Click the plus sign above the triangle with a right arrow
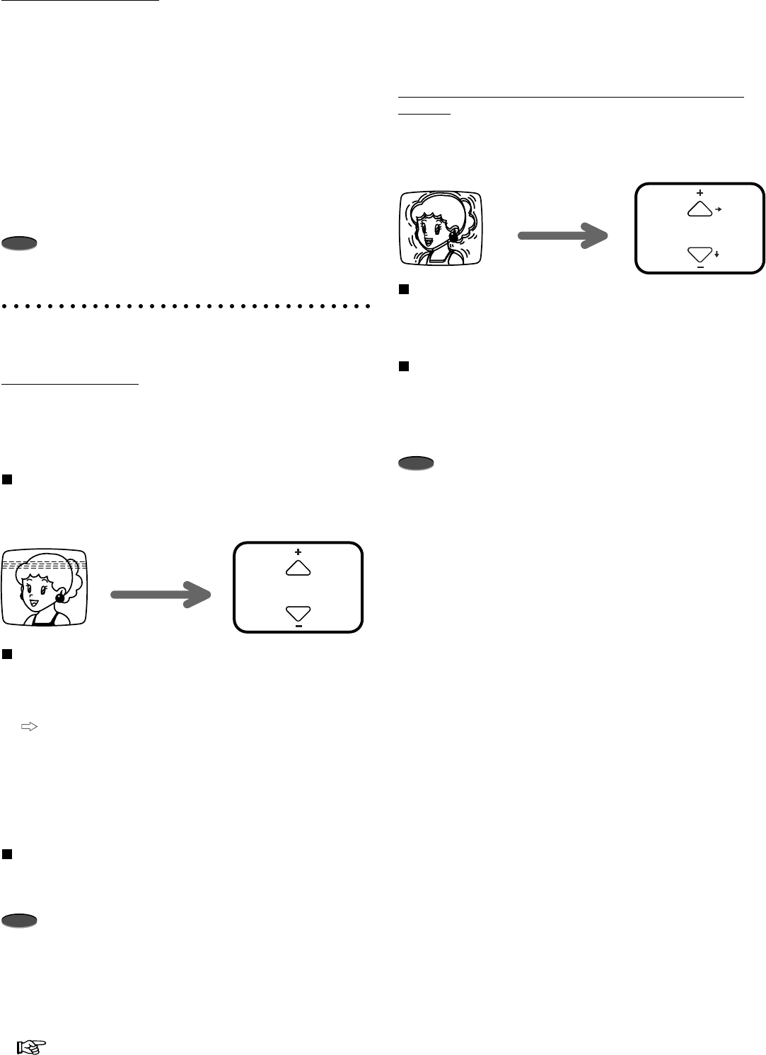pos(700,192)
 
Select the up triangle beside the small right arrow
pos(699,208)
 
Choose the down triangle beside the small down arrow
pos(699,254)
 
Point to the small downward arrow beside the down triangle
pos(717,253)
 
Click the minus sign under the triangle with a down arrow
pos(700,267)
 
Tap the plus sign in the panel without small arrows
pos(298,551)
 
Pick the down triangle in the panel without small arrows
pos(298,612)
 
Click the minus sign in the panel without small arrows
pos(298,626)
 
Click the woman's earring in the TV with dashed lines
pos(60,597)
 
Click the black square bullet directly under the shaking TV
pos(403,288)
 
